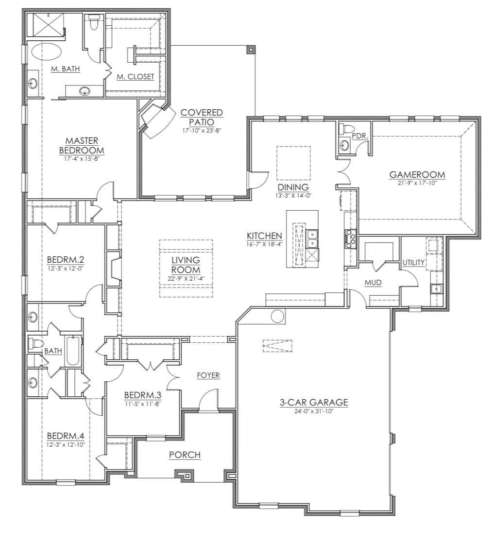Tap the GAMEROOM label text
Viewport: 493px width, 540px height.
pos(417,175)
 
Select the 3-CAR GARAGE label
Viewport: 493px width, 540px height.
pos(313,402)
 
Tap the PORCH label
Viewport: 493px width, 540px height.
pos(185,455)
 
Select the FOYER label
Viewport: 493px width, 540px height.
pos(208,375)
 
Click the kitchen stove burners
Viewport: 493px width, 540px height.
pos(350,239)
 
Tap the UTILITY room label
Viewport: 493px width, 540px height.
pos(413,263)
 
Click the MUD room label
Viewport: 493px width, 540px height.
pos(373,283)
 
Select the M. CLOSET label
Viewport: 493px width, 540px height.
pos(136,76)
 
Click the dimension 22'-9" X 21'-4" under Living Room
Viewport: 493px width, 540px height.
pos(186,279)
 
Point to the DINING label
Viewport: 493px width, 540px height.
pos(293,187)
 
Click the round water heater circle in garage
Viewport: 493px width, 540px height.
pos(277,316)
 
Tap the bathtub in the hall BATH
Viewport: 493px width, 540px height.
pos(72,351)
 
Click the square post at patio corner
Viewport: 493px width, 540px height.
pos(250,50)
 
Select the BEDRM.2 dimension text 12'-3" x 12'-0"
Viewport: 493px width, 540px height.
pos(66,268)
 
